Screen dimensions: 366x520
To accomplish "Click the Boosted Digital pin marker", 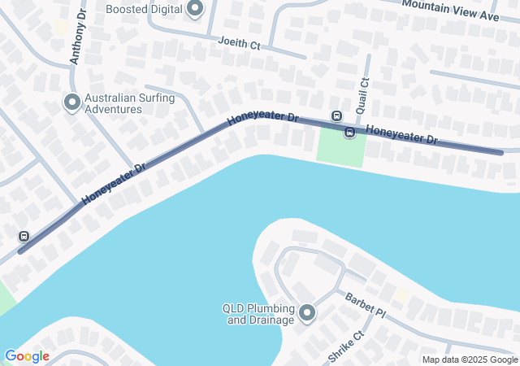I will click(x=194, y=10).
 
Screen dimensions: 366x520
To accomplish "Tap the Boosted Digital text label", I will click(x=144, y=9).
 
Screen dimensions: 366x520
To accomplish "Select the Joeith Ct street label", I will click(x=239, y=43).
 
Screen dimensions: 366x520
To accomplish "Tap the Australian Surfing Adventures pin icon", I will click(x=71, y=102).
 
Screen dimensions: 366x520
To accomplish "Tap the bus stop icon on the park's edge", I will click(x=349, y=133).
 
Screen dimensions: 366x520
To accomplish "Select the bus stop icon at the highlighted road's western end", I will click(x=24, y=236).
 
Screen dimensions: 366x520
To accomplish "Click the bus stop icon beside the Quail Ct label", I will click(x=336, y=115).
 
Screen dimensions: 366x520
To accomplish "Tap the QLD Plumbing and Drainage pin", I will click(x=307, y=312).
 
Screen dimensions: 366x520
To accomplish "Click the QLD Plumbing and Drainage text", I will click(x=258, y=314).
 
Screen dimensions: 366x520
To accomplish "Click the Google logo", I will click(x=27, y=356).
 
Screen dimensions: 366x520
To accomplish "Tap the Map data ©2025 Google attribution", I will click(x=470, y=359).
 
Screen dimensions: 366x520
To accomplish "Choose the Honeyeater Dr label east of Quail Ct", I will click(x=401, y=134).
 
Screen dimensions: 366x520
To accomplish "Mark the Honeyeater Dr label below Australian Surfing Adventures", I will click(x=114, y=183).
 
